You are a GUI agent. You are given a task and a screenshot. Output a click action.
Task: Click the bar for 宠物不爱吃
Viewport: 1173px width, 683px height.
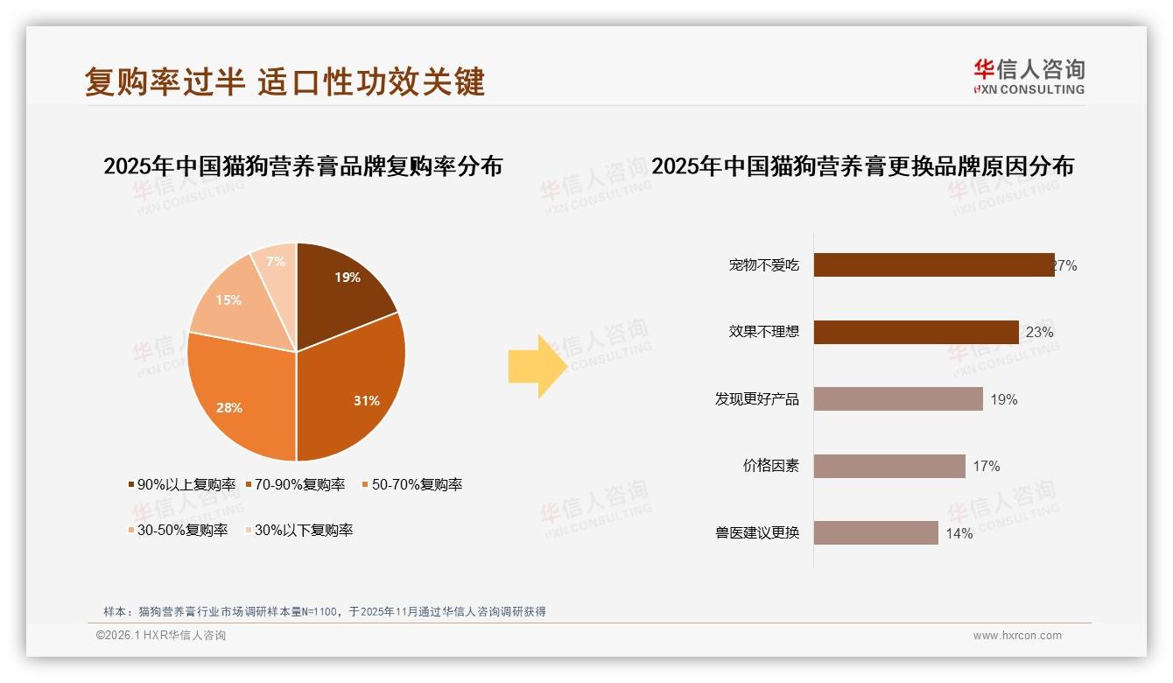pos(933,265)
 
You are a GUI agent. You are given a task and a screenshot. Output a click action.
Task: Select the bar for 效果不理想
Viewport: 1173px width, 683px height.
pos(916,332)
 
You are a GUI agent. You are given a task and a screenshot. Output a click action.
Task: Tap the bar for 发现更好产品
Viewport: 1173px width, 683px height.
pos(898,399)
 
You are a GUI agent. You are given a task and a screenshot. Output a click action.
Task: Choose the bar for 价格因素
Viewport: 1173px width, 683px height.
pos(889,466)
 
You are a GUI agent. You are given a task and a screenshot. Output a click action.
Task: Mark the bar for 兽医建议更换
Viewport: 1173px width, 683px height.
pos(875,532)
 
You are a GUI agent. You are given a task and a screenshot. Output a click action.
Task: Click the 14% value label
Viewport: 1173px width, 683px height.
pos(959,533)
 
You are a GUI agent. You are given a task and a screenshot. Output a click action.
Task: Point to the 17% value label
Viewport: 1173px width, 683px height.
pos(987,467)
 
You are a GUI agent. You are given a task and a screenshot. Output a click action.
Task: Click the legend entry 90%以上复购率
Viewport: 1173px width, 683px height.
pos(182,484)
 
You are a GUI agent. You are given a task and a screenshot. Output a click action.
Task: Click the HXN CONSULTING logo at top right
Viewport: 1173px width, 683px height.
pos(1029,77)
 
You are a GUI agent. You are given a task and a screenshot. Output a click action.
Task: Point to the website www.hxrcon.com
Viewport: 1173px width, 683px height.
pos(1017,636)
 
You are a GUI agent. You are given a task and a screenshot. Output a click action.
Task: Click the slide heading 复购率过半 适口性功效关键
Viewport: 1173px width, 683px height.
pos(284,81)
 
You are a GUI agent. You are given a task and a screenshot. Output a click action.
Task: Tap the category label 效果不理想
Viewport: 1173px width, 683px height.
pos(764,332)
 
